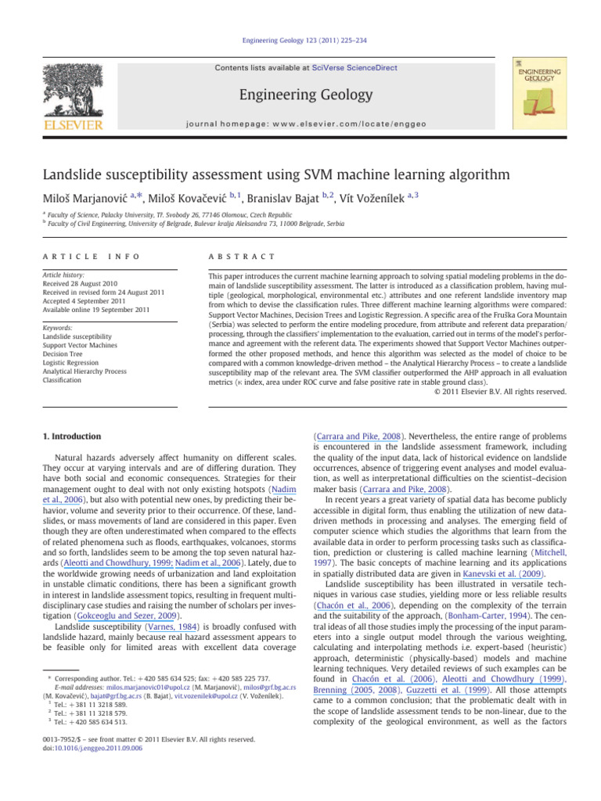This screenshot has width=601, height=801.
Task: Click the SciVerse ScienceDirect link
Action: (351, 70)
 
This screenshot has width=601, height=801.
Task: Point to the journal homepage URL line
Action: (300, 123)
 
